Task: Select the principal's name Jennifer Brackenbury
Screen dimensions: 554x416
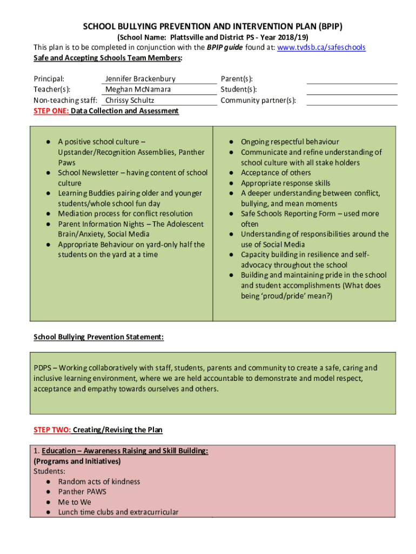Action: [x=140, y=79]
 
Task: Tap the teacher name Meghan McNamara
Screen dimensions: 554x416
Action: [x=138, y=90]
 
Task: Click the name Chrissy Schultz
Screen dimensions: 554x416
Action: [x=129, y=101]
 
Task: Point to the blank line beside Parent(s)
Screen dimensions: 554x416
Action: [x=352, y=83]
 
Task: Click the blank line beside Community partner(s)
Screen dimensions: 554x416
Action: [x=352, y=104]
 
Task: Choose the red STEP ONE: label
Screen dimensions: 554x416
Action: [x=51, y=111]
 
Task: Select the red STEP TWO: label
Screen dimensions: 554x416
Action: [x=52, y=430]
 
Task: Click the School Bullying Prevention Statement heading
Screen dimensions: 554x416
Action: [x=98, y=337]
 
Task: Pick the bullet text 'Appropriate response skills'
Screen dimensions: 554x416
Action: [x=285, y=183]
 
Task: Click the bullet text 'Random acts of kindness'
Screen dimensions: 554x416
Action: [x=99, y=482]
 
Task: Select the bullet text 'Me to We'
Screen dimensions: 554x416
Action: [x=75, y=502]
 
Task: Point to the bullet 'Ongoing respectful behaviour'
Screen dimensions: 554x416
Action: [x=290, y=142]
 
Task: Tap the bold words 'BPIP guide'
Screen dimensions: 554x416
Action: [x=224, y=48]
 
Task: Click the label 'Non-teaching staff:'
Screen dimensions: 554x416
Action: [x=65, y=101]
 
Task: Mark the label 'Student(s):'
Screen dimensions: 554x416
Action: [x=238, y=90]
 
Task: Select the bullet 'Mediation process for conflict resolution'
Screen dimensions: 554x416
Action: [x=125, y=214]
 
